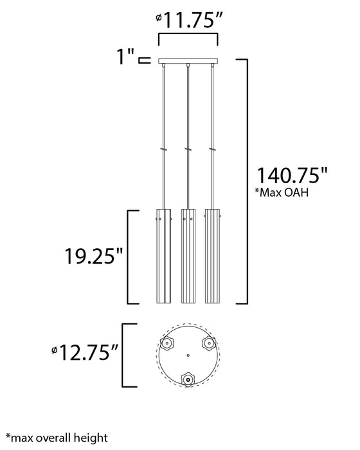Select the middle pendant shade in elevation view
click(188, 255)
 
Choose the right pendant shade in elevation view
click(213, 255)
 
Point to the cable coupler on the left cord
click(163, 150)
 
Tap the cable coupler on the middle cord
click(188, 150)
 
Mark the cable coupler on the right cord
click(212, 150)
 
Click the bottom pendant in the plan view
click(188, 379)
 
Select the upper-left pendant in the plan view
click(167, 343)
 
